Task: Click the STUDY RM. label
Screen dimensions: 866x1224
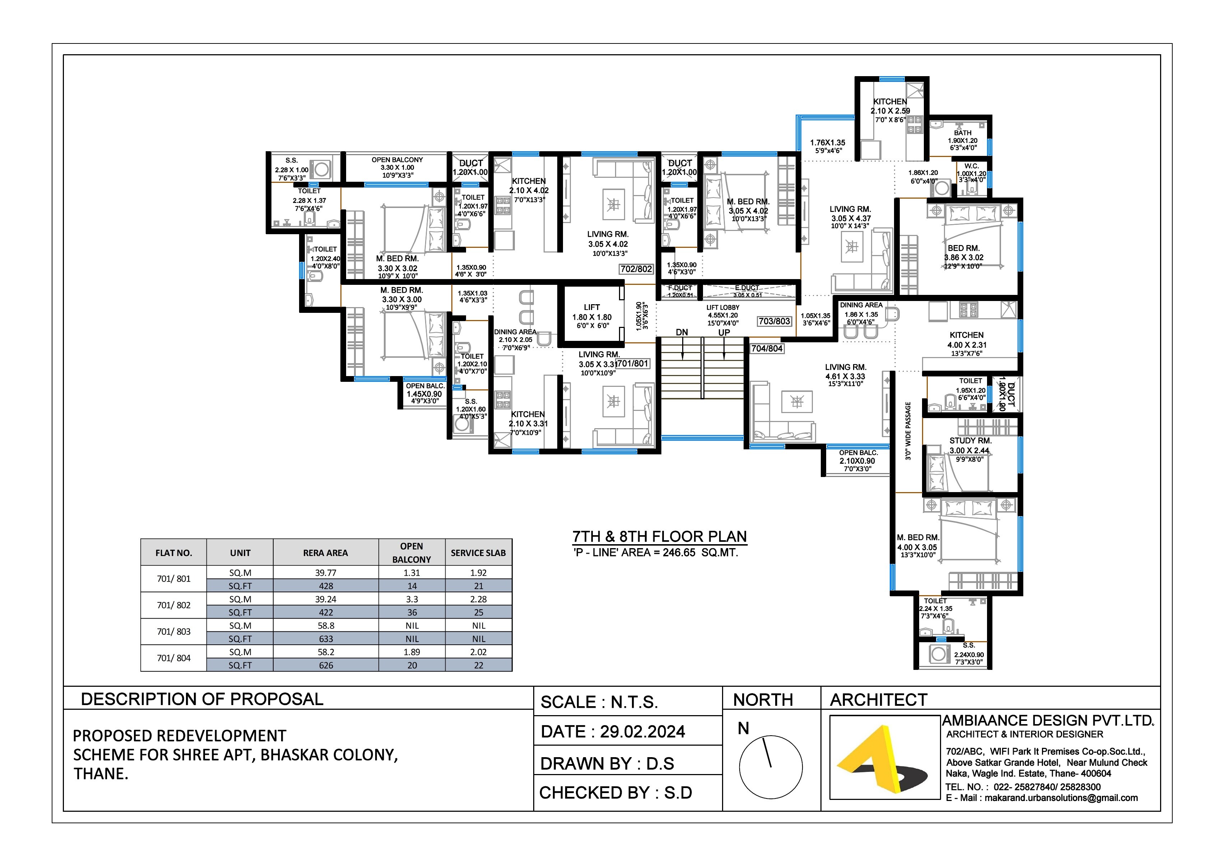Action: click(x=970, y=441)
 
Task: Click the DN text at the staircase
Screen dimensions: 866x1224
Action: click(x=682, y=333)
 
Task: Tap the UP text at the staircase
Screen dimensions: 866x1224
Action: click(x=724, y=333)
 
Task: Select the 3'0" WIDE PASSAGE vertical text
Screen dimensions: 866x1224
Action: click(x=908, y=431)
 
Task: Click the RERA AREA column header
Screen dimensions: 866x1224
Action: click(x=325, y=553)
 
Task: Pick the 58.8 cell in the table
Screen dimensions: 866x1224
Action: click(x=326, y=625)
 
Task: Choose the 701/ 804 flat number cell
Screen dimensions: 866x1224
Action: click(x=173, y=658)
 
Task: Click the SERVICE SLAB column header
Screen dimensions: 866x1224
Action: click(x=478, y=553)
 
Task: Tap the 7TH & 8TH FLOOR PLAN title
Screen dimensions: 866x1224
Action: click(x=660, y=537)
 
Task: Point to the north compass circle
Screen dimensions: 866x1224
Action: click(x=771, y=767)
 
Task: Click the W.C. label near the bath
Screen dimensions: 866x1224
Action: click(x=971, y=166)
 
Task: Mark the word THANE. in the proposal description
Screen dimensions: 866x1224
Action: click(x=101, y=774)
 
